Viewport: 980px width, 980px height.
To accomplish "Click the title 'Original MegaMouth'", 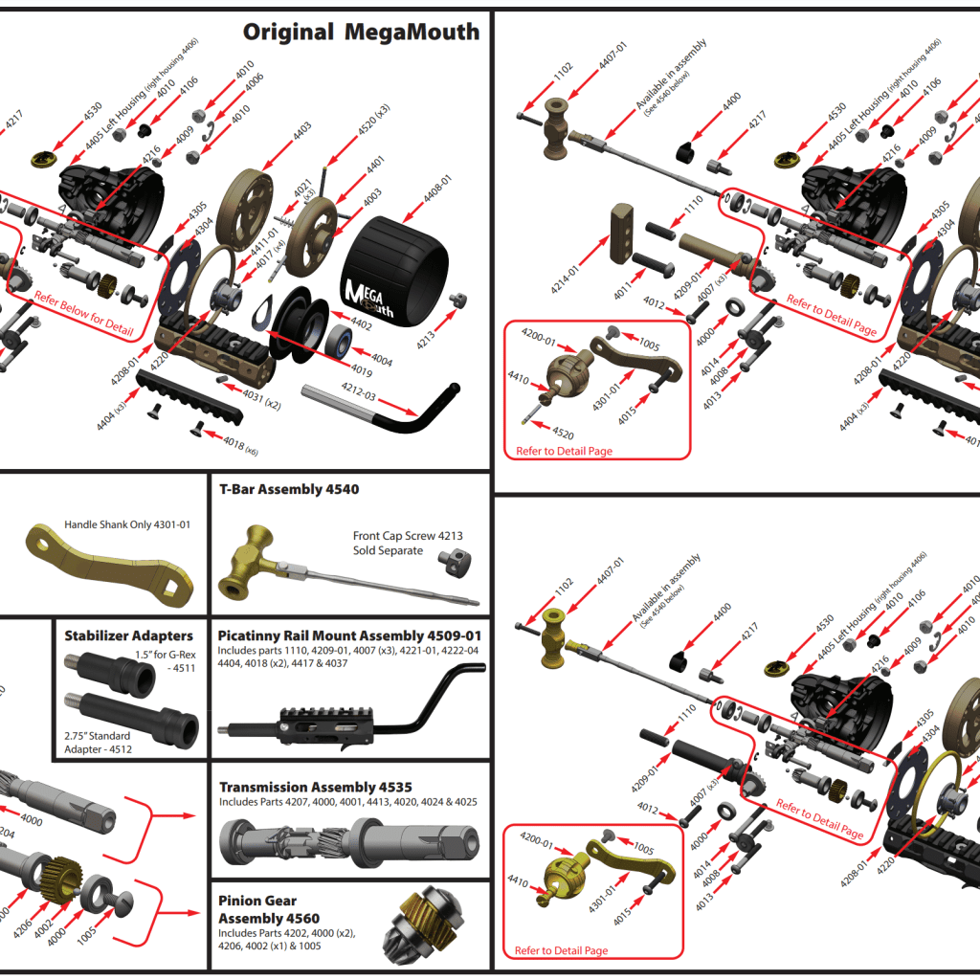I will (361, 33).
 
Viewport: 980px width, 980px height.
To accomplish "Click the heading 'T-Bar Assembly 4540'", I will (289, 490).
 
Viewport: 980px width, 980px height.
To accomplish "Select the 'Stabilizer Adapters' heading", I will (128, 635).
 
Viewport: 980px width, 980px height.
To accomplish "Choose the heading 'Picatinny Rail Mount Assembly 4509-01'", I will (349, 635).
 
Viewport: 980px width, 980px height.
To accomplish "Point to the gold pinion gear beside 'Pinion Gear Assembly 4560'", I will (425, 932).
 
